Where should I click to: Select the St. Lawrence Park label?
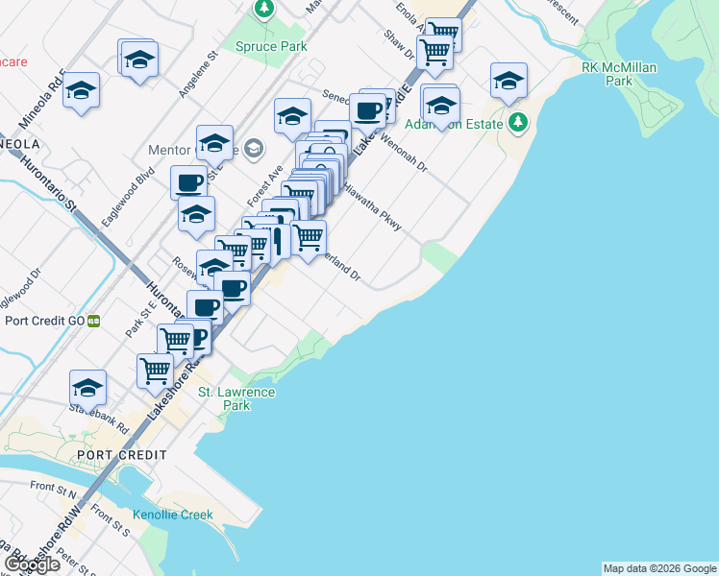coord(236,398)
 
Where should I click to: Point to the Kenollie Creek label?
coord(173,515)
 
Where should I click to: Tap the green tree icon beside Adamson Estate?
coord(519,122)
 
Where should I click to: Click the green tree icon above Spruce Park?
coord(264,10)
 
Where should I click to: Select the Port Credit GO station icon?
coord(94,321)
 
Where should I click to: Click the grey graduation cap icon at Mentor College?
coord(253,148)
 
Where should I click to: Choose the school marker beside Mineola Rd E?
coord(82,91)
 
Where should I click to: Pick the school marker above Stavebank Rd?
coord(87,388)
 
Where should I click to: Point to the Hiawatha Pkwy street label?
coord(370,204)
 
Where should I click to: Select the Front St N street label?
coord(54,490)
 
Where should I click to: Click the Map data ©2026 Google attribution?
coord(659,568)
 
